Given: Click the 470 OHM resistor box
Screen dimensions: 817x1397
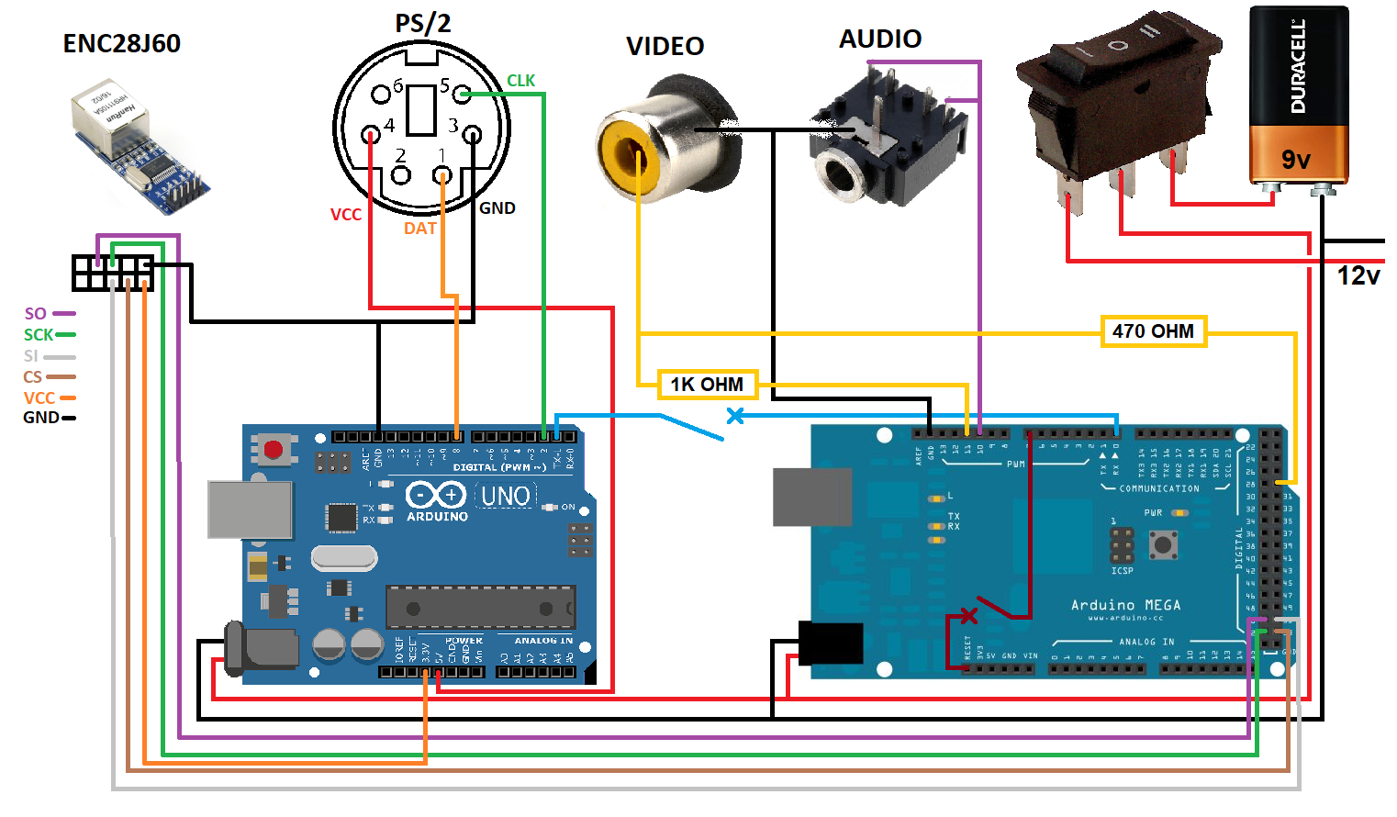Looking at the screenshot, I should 1153,331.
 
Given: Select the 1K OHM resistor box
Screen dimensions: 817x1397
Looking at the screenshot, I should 707,384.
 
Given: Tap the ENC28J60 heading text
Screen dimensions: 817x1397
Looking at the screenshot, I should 121,43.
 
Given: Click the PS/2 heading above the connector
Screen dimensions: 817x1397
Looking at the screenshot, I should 423,23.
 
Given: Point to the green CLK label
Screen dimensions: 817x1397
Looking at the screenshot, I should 520,81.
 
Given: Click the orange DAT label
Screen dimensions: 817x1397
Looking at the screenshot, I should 420,229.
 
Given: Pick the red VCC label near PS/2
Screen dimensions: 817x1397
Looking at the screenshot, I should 346,215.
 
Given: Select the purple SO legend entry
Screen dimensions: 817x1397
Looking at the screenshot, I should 36,314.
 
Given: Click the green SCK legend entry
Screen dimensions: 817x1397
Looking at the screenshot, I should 39,335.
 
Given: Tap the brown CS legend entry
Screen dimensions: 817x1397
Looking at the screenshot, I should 33,377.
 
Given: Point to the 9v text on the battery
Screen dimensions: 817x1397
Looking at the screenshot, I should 1296,160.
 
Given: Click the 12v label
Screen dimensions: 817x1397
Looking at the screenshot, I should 1358,275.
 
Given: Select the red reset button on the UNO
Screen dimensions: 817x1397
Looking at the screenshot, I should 273,450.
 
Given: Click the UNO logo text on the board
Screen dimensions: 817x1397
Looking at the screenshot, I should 506,497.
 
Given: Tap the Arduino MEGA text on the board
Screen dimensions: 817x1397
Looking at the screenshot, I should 1126,605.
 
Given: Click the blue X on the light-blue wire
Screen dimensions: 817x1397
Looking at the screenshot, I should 735,416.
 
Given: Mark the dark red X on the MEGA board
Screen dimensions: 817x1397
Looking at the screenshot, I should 968,615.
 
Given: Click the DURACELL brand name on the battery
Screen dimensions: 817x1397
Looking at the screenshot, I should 1298,66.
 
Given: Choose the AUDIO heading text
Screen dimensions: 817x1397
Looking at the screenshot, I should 880,39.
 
